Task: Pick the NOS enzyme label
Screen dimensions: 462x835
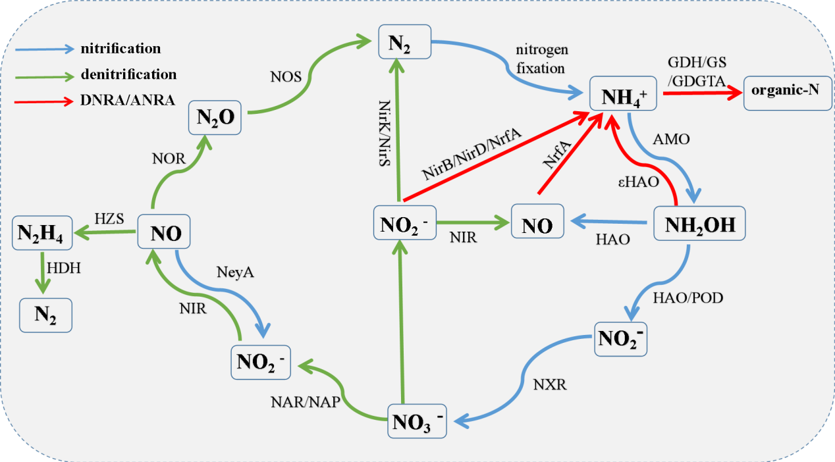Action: (x=286, y=76)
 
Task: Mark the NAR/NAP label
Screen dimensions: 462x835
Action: (x=303, y=402)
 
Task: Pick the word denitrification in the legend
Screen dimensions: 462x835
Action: (x=128, y=74)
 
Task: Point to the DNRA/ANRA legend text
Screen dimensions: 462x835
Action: (x=119, y=101)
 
